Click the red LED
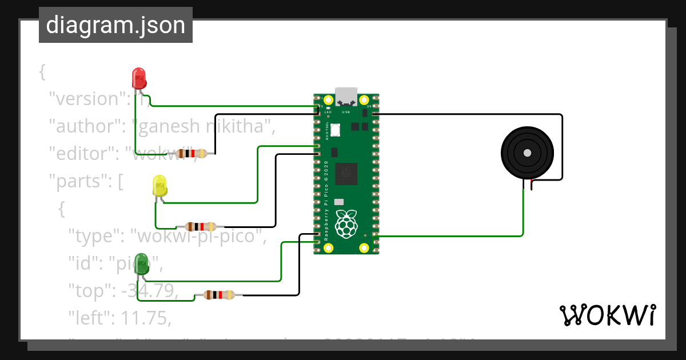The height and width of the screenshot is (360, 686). tap(139, 78)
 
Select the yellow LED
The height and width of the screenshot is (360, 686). tap(160, 187)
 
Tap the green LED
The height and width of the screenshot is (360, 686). tap(141, 265)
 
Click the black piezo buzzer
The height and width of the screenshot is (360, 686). tap(527, 153)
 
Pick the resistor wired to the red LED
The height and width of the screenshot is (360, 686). tap(192, 153)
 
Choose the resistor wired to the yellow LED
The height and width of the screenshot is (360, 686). tap(201, 226)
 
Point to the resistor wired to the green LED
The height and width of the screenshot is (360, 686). tap(219, 295)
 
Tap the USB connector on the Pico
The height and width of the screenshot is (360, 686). tap(346, 95)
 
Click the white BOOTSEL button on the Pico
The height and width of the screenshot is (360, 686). tap(335, 130)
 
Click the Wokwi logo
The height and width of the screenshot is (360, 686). tap(607, 315)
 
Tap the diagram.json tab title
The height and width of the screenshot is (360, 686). tap(115, 26)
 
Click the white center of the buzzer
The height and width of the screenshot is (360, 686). tap(527, 153)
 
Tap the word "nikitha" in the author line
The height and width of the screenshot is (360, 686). tap(234, 126)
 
